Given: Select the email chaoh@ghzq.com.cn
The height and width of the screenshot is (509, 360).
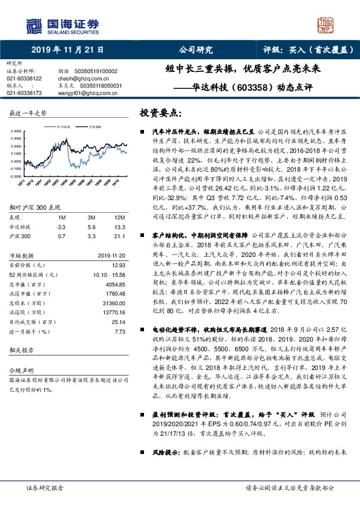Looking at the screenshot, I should click(75, 78).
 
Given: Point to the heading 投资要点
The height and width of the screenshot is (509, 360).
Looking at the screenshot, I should click(160, 113).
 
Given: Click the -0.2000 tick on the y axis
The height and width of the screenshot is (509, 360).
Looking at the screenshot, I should click(16, 177).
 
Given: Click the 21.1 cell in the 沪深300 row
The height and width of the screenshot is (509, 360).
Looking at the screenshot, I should click(121, 236).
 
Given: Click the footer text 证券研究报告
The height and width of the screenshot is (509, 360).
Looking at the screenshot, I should click(44, 488).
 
